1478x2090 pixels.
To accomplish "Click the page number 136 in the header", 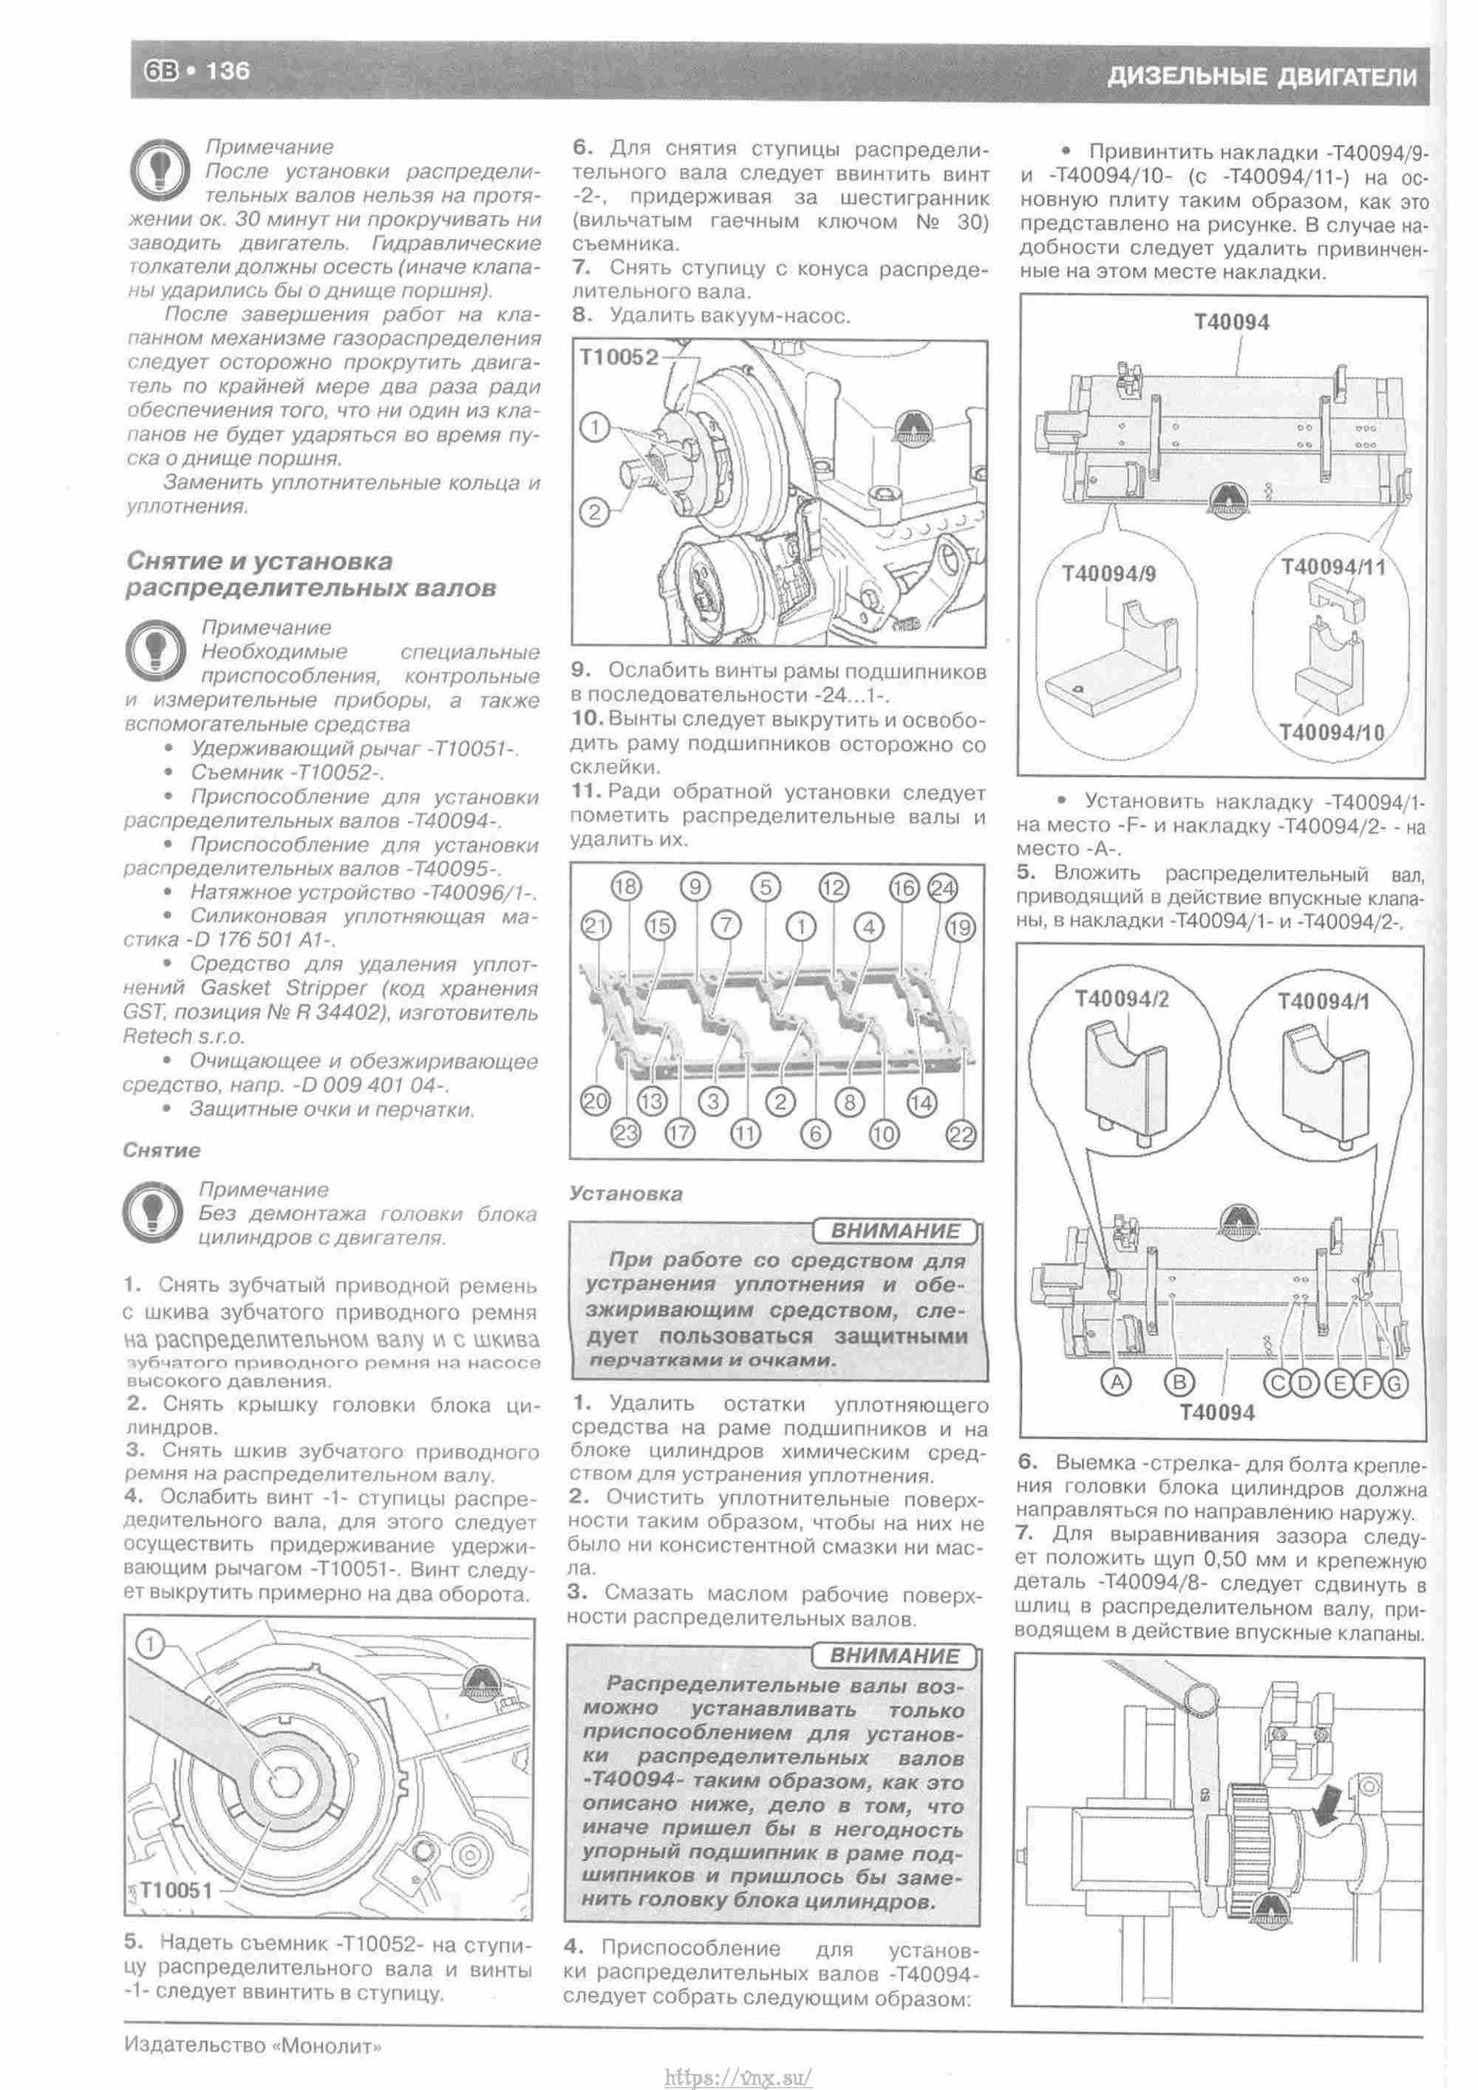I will pos(228,71).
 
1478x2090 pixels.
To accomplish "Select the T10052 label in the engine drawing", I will pos(619,358).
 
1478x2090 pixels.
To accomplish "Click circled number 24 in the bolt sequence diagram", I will pos(944,887).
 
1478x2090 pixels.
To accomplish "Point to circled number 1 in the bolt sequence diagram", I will pos(802,926).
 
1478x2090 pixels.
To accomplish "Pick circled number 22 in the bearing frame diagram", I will pos(961,1134).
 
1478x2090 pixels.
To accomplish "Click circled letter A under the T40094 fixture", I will pos(1117,1382).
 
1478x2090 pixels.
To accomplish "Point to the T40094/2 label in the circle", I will pos(1121,1000).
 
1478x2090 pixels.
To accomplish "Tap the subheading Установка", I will pos(625,1192).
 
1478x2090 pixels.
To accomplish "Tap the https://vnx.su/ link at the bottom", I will pos(738,2077).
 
